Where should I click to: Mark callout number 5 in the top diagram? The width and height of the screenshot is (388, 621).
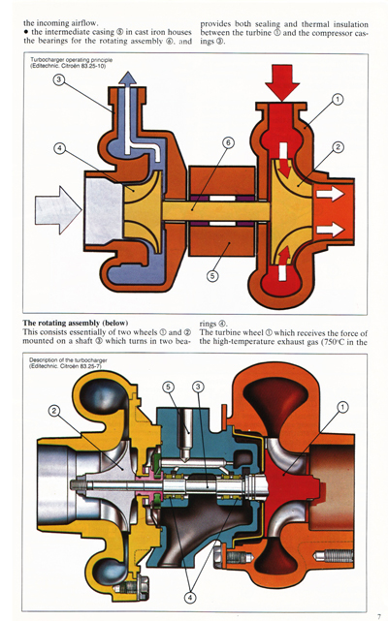[x=212, y=275]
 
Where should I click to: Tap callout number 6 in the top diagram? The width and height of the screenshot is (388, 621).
[x=227, y=142]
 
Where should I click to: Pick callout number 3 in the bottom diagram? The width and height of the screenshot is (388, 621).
[x=198, y=388]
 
